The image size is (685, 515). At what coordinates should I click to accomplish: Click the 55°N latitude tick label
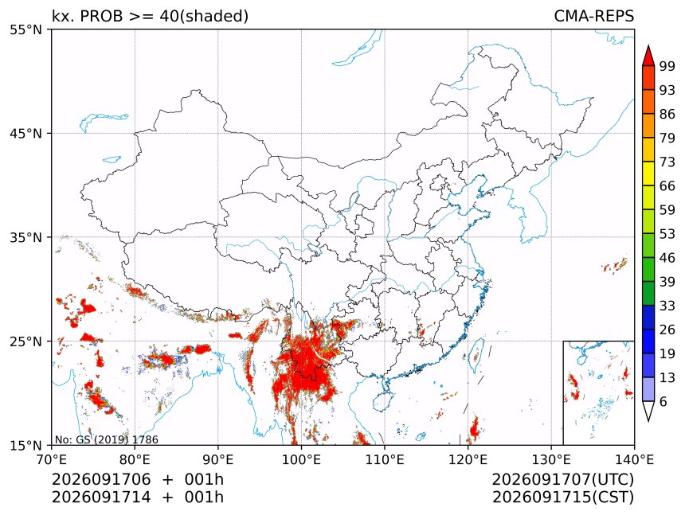[25, 29]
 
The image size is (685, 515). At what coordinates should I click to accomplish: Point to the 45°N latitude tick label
[25, 133]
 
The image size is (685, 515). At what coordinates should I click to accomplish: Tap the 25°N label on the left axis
[25, 341]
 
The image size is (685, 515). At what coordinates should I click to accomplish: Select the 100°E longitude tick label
[301, 459]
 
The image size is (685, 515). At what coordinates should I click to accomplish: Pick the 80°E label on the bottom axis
[135, 459]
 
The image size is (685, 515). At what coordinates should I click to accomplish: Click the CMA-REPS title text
[593, 16]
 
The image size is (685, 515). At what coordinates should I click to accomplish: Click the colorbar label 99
[667, 66]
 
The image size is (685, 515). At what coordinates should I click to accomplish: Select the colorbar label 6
[663, 401]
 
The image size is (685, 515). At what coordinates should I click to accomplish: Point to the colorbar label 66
[667, 186]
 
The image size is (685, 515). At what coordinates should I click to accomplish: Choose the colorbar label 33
[667, 306]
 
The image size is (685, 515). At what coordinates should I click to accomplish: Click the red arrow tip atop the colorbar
[648, 46]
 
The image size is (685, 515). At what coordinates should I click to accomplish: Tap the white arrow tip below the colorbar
[648, 421]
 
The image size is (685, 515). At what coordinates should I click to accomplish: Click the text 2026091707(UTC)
[562, 479]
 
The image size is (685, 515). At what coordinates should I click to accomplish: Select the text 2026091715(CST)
[563, 497]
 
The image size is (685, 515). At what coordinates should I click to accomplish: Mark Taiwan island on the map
[476, 355]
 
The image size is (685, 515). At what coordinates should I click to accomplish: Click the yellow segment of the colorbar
[648, 174]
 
